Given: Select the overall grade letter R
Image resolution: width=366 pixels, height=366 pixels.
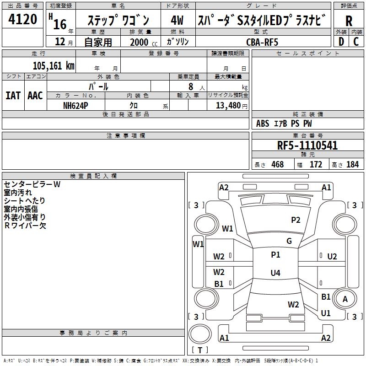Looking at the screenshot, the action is click(349, 20).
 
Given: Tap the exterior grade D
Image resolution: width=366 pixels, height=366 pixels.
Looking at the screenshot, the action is click(341, 41).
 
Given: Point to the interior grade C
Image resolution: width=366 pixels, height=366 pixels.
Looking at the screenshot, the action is click(356, 41).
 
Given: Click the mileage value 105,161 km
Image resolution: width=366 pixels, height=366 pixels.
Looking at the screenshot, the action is click(54, 65).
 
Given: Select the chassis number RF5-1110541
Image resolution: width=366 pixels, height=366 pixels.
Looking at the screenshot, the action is click(307, 145).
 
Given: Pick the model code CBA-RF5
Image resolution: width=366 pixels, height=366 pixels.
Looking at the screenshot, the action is click(262, 42).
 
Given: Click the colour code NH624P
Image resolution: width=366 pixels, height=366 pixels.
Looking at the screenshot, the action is click(75, 105).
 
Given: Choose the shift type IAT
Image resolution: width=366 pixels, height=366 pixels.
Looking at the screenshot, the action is click(13, 96).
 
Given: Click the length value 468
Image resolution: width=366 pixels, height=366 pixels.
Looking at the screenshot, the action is click(277, 164).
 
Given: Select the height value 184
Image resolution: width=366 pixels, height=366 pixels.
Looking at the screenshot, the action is click(352, 164).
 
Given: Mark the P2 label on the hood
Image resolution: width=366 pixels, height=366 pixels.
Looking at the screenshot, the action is click(296, 220).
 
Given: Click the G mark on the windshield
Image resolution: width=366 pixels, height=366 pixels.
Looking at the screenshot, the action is click(289, 241).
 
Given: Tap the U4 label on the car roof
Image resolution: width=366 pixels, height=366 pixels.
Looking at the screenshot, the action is click(275, 273).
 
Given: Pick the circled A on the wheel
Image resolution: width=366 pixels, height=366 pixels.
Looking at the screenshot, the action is click(345, 299).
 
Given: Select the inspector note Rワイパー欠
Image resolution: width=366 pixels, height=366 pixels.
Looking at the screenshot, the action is click(25, 225).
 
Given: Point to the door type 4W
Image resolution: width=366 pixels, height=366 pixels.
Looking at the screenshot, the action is click(177, 20).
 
